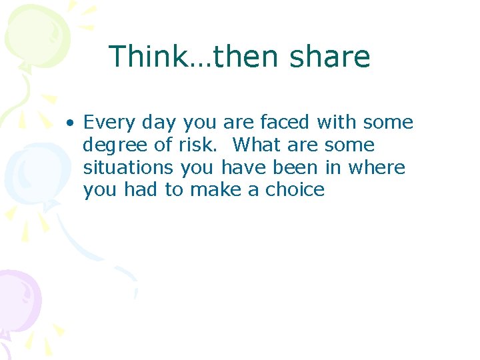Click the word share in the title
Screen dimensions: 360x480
click(330, 57)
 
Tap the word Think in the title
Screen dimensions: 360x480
click(147, 57)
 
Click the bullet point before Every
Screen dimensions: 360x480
click(69, 123)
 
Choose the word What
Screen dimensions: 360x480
click(257, 145)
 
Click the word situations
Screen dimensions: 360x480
click(130, 168)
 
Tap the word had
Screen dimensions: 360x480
click(139, 191)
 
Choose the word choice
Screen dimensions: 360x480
click(295, 191)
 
